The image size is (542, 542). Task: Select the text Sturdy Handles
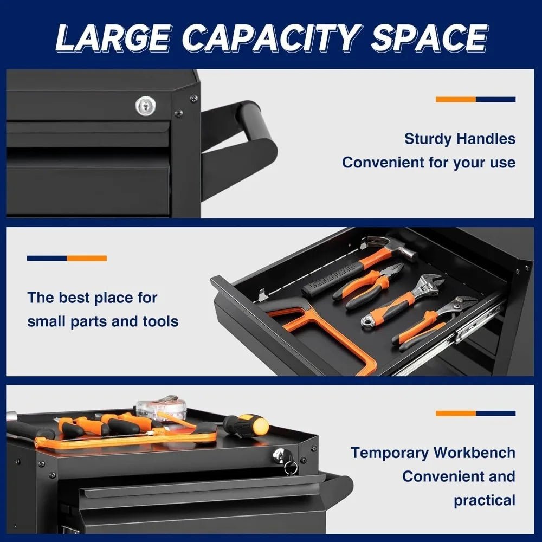pyautogui.click(x=460, y=139)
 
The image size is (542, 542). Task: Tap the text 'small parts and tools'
pyautogui.click(x=103, y=321)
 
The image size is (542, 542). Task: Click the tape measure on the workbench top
pyautogui.click(x=160, y=406)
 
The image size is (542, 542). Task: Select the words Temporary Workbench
pyautogui.click(x=433, y=453)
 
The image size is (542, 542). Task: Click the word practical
pyautogui.click(x=484, y=500)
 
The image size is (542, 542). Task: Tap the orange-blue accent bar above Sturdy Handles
pyautogui.click(x=475, y=99)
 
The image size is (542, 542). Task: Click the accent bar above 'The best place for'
pyautogui.click(x=67, y=258)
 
